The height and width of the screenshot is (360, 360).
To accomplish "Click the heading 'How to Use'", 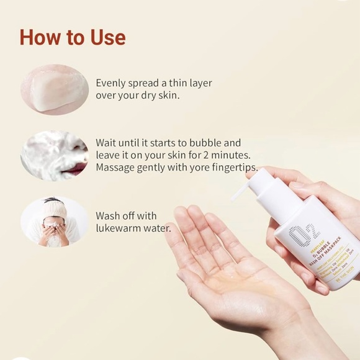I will [x=73, y=37].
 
